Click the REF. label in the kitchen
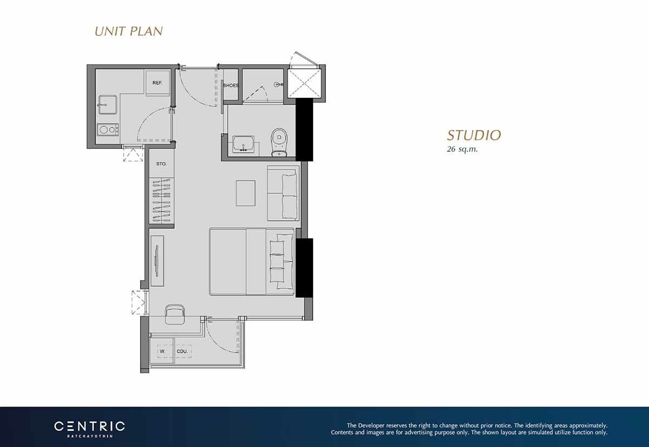(157, 83)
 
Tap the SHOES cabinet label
(231, 86)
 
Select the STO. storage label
(161, 164)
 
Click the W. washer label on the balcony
(163, 351)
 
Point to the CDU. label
(182, 351)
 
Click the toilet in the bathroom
(279, 143)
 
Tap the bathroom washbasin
(243, 144)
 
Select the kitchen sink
(108, 105)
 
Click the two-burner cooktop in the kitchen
(108, 130)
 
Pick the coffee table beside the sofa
(246, 193)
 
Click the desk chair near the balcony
(175, 314)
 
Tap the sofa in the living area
(283, 193)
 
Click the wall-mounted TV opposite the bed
(157, 261)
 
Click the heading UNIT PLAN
(129, 31)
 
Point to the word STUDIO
(474, 136)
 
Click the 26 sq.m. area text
(462, 149)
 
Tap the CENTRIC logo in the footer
(89, 429)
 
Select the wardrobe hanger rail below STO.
(162, 201)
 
